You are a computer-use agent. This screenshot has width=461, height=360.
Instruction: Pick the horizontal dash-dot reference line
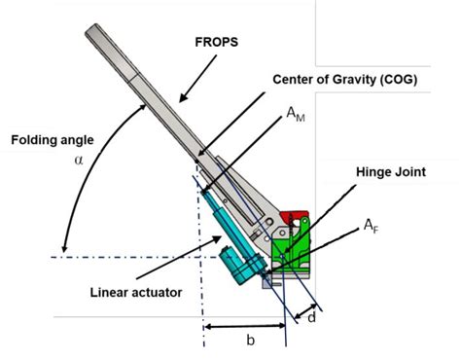click(126, 255)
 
